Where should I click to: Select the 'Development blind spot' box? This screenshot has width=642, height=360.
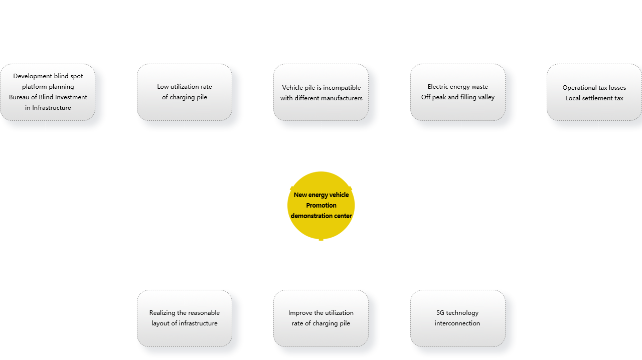click(x=48, y=92)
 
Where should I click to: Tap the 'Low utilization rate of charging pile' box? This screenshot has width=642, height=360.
click(x=185, y=92)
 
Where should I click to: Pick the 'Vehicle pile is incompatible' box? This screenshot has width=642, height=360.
click(x=321, y=92)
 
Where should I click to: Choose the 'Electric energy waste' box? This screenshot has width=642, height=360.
click(x=457, y=92)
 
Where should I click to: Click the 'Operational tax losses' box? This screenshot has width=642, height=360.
click(x=594, y=92)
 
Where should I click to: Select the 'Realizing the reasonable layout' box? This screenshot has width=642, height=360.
click(x=185, y=318)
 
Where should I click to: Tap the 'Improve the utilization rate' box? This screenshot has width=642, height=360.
click(x=321, y=318)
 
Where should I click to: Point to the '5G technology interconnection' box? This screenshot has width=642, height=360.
click(x=457, y=318)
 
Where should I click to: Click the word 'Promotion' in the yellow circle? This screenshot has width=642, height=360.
click(x=321, y=206)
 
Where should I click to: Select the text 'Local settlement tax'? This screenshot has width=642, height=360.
click(x=594, y=98)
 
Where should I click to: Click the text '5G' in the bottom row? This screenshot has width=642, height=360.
click(x=440, y=313)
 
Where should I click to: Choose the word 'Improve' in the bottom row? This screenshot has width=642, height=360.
click(x=300, y=313)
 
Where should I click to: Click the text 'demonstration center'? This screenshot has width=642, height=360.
click(x=321, y=216)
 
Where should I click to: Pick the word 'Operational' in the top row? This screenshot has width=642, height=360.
click(x=579, y=88)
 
